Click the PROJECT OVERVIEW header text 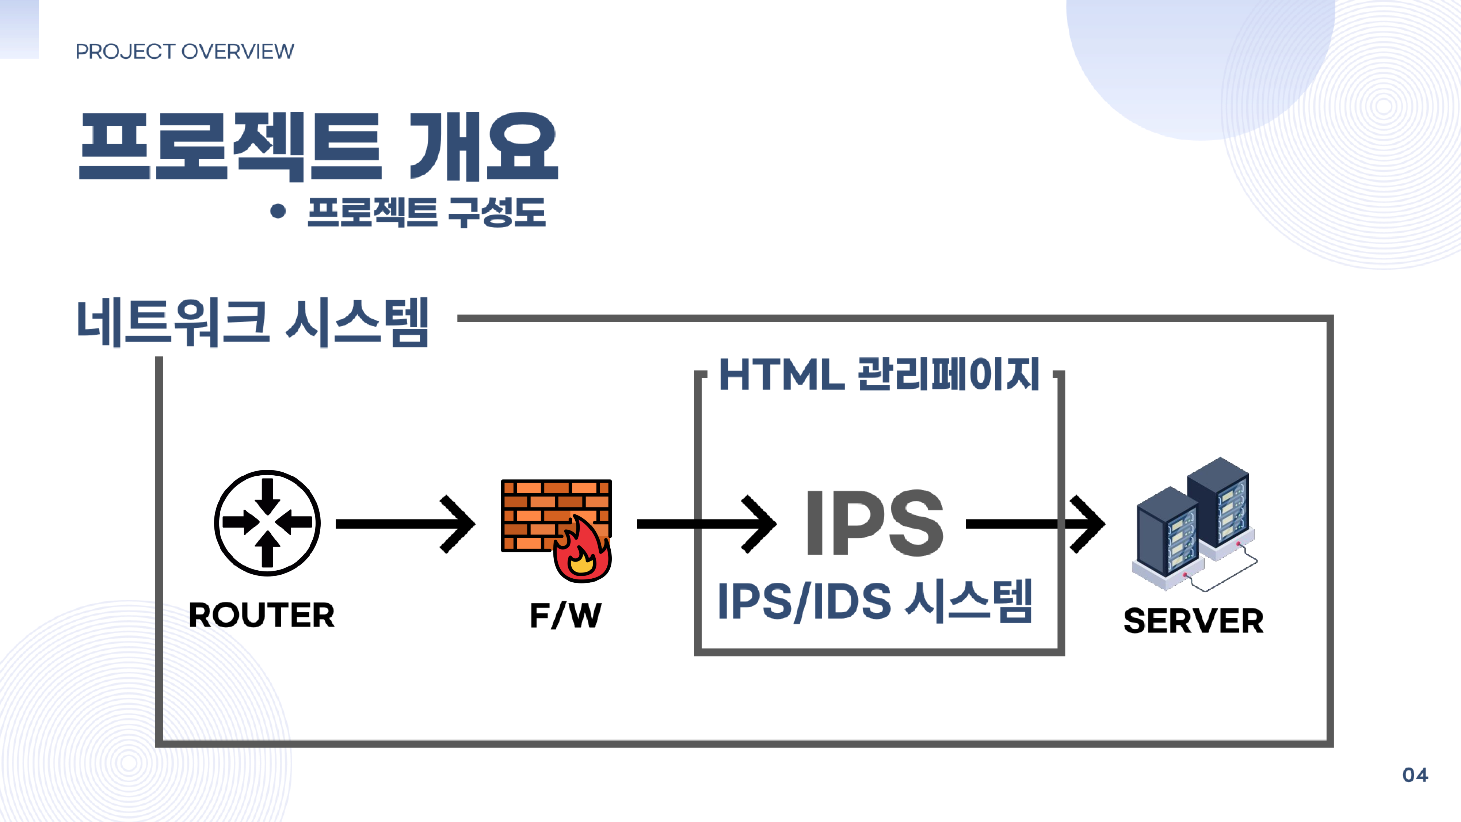[185, 52]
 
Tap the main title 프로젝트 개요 [318, 146]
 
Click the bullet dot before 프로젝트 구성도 [278, 211]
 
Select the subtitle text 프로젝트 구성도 [427, 212]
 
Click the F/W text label [565, 616]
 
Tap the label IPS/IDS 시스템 [874, 601]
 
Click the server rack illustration [1194, 524]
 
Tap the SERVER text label [1193, 621]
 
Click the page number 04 [1415, 775]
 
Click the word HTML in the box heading [782, 375]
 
